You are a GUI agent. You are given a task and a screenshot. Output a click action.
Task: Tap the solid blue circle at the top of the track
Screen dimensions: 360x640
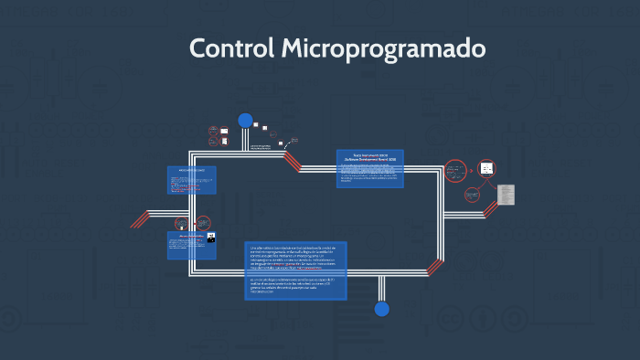pos(245,121)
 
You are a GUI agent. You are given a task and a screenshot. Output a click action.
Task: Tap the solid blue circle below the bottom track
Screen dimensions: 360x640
pos(382,309)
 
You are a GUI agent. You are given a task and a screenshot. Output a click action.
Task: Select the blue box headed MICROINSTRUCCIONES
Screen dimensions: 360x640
pos(191,179)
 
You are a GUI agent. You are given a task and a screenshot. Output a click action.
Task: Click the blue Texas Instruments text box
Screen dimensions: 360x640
pos(370,168)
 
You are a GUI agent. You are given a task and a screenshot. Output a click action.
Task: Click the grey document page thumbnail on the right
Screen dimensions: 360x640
pos(507,195)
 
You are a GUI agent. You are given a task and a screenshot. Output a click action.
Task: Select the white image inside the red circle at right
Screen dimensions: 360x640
pos(487,168)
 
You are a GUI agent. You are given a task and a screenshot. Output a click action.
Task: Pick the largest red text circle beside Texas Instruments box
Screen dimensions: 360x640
pos(455,171)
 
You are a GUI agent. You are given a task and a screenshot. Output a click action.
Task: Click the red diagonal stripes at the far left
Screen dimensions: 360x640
pos(140,219)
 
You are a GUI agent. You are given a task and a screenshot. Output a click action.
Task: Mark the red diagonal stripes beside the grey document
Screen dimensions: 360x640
pos(491,208)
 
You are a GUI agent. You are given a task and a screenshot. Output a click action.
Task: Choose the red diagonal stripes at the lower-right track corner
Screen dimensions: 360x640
pos(435,267)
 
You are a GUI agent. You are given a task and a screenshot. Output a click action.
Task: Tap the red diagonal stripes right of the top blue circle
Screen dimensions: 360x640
pos(292,162)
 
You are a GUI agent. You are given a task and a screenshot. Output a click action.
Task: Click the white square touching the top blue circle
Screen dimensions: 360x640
pos(256,125)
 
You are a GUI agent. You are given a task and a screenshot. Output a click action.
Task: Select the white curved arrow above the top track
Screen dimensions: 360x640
pos(293,141)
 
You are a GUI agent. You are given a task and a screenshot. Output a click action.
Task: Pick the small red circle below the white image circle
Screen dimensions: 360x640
pos(473,195)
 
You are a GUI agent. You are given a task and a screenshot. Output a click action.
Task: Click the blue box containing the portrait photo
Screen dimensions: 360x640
pos(191,245)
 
